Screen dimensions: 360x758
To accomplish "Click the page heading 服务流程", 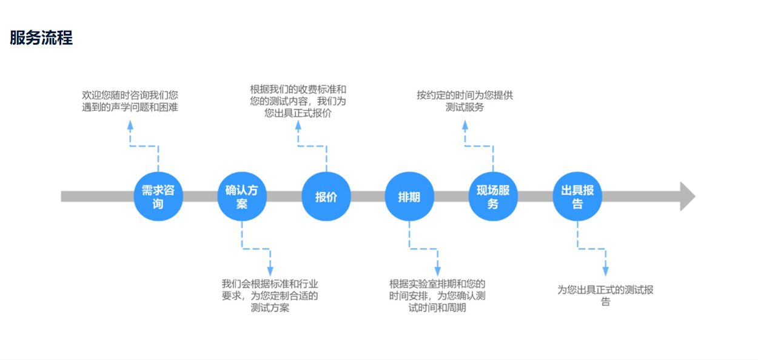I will coord(41,38).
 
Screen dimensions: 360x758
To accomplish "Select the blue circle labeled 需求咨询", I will coord(158,196).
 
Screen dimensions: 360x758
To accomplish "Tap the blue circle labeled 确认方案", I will coord(242,196).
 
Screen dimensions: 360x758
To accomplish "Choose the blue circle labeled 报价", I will coord(326,196).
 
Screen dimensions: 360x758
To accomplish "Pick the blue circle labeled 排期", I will coord(409,196).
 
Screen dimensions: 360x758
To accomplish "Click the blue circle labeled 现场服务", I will coord(493,196).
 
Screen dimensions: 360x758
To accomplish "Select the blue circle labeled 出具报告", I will coord(577,196).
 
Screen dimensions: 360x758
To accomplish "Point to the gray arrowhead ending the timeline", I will coord(687,196).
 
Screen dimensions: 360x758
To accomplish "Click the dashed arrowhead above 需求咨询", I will coord(130,125).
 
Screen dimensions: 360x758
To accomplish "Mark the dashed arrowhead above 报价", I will coord(298,125).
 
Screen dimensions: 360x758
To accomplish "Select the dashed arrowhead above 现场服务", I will coord(465,125).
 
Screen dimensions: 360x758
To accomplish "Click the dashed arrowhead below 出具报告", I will coord(605,270).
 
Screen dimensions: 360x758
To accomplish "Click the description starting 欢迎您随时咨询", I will coord(130,101).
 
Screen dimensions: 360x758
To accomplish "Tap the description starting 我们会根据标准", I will coord(270,296).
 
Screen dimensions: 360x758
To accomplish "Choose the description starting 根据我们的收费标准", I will coord(298,101).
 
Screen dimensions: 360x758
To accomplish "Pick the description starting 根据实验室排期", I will coord(437,296).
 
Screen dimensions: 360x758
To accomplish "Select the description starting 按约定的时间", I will coord(465,101).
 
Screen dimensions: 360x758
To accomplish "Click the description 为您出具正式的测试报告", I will coord(605,296).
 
